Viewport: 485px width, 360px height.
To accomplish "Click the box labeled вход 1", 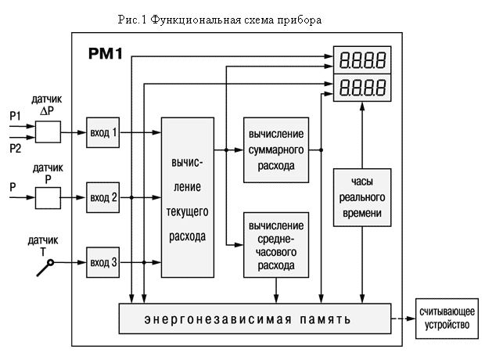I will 102,133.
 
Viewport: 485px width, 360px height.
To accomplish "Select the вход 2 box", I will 102,197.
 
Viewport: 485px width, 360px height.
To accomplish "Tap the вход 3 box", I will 102,261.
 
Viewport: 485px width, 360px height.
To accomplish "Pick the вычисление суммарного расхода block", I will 275,149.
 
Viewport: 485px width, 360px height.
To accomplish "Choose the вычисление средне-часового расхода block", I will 275,243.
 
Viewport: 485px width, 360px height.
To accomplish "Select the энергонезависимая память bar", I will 253,320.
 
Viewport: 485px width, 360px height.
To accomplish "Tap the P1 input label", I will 15,117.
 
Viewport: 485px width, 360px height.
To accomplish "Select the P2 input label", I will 15,146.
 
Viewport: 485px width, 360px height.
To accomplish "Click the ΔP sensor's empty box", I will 48,133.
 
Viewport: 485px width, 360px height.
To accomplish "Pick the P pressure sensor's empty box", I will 48,197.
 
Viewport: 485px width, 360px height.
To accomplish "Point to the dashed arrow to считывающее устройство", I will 402,319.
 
